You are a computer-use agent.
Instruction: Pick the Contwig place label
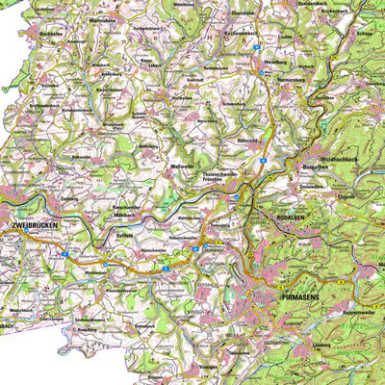point(70,199)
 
